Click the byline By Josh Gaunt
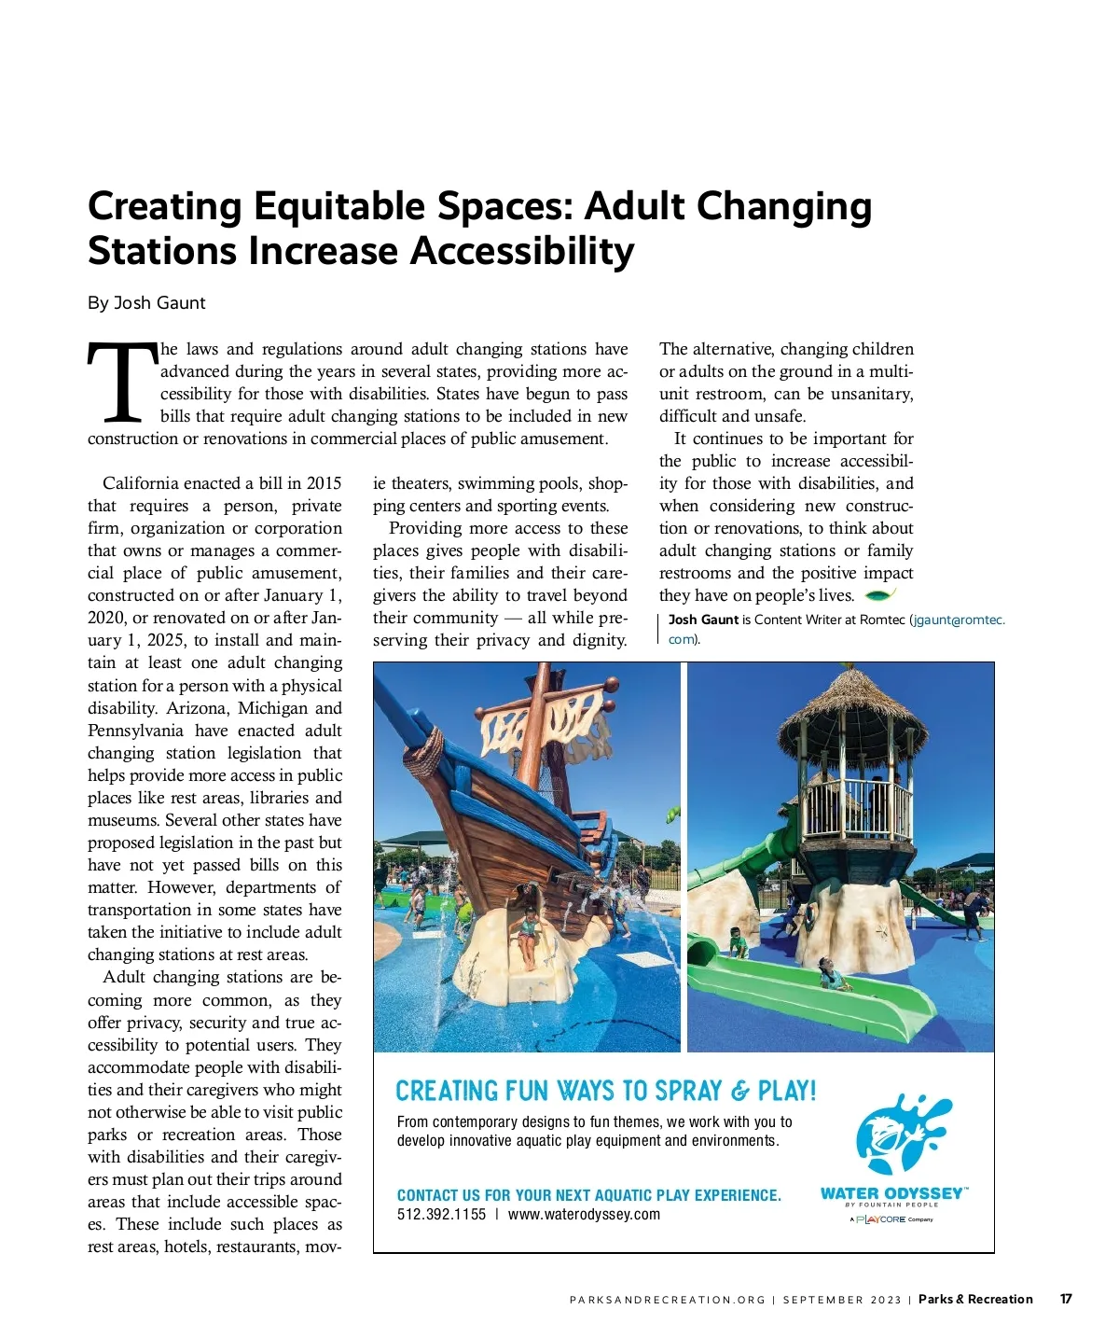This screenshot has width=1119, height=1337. [x=146, y=303]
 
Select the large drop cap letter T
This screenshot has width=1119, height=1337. [x=122, y=383]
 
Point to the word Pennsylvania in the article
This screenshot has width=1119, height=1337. [x=136, y=731]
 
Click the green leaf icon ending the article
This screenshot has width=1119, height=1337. [x=880, y=594]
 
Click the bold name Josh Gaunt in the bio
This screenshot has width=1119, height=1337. [x=703, y=620]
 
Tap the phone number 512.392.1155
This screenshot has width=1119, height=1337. [x=441, y=1215]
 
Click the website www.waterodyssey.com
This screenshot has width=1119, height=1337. [x=584, y=1215]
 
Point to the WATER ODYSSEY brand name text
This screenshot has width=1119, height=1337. [x=891, y=1193]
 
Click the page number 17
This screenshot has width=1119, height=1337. [x=1065, y=1299]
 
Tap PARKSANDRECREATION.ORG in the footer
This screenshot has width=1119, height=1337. [x=667, y=1300]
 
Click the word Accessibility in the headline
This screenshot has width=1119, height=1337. [x=523, y=251]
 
